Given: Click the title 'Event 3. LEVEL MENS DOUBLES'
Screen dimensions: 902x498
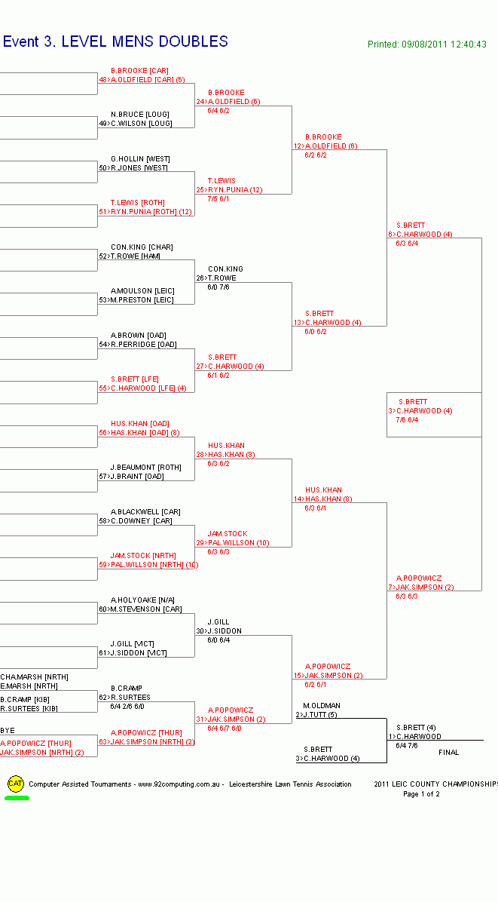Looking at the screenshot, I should coord(115,42).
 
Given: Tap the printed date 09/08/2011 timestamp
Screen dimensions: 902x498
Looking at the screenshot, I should coord(427,44).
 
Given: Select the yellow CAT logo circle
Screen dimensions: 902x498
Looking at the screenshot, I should coord(16,784).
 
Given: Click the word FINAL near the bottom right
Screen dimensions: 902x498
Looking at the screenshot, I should coord(448,753).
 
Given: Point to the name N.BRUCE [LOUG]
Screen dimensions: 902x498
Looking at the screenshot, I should coord(140,115).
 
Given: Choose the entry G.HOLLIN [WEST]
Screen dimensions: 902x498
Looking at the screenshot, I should coord(140,159).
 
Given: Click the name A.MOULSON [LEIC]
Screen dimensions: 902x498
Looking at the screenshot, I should coord(142,291).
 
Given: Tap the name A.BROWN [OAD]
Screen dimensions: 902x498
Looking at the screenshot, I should coord(139,336).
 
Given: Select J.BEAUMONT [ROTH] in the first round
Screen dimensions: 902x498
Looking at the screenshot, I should coord(145,468).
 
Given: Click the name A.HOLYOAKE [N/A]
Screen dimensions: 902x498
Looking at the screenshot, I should coord(142,600).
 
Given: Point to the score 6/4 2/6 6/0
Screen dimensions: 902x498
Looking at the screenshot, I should coord(127,707).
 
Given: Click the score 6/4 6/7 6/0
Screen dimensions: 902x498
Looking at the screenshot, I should coord(225,729).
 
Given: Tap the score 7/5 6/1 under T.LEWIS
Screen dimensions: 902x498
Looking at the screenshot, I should coord(218,199).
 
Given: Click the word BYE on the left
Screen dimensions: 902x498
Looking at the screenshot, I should coord(8,731).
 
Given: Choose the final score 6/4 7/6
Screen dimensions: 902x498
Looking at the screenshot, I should coord(407,746).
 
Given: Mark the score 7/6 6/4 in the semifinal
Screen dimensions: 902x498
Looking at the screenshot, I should coord(407,420).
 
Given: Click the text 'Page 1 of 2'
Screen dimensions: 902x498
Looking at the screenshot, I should coord(421,794).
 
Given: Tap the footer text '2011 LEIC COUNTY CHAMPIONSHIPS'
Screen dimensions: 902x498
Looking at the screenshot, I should coord(435,784).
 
